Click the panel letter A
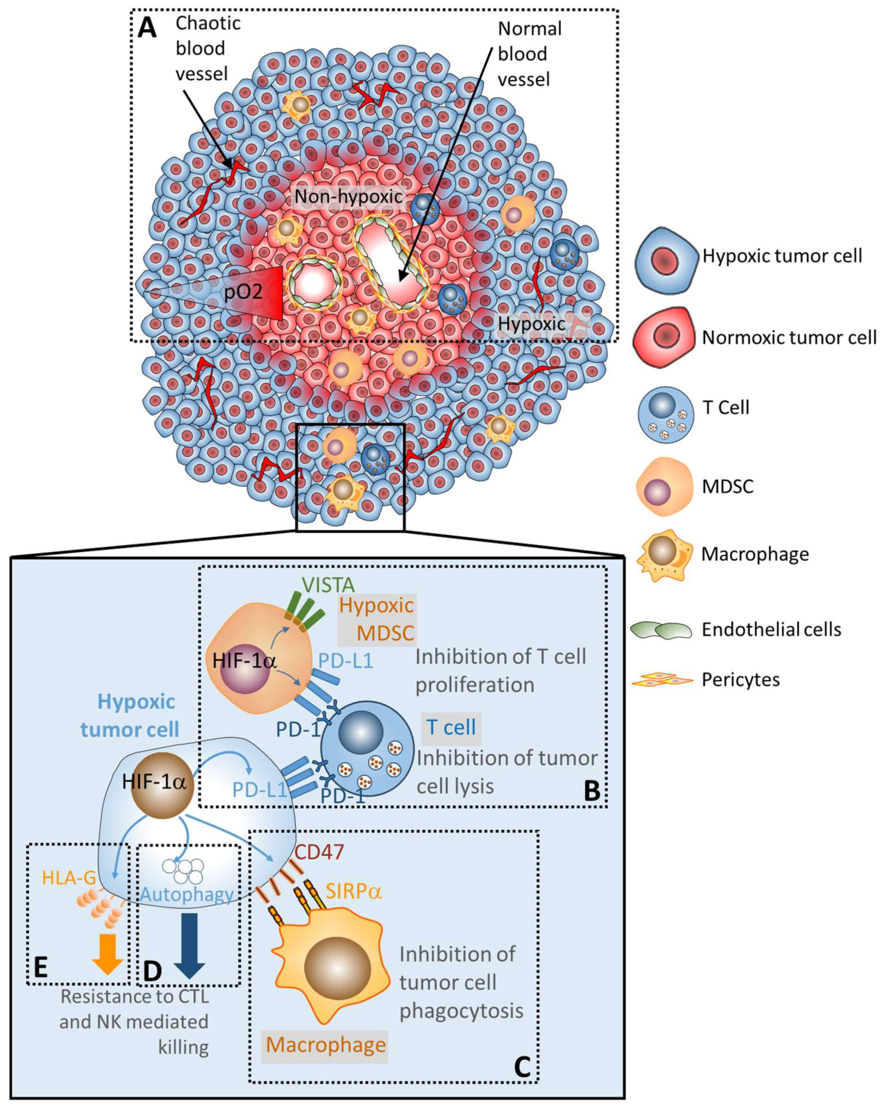[147, 27]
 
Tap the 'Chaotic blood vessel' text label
[207, 49]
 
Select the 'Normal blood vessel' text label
[529, 54]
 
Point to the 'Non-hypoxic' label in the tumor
[349, 197]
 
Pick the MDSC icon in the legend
[663, 486]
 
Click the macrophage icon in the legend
[664, 555]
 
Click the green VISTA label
[328, 585]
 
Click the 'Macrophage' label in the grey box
[326, 1044]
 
